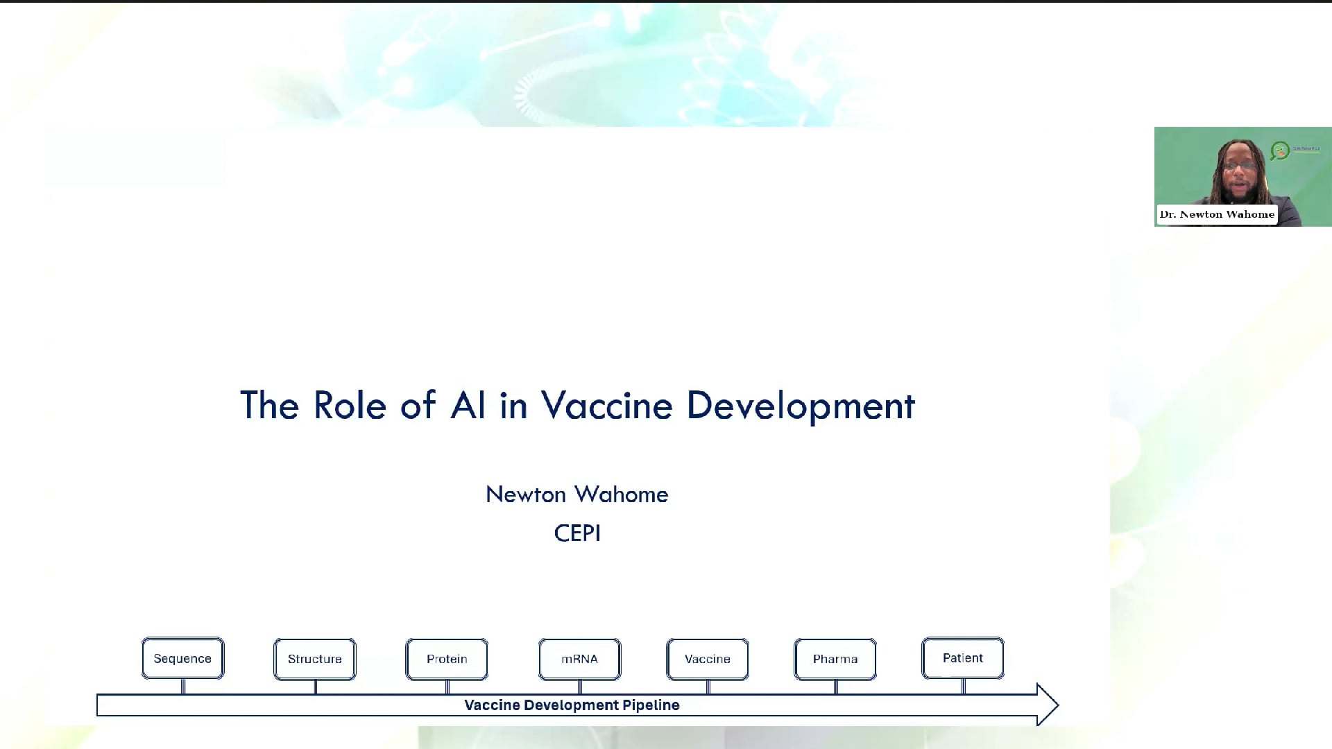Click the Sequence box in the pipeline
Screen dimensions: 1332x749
183,658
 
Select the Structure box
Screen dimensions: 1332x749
315,659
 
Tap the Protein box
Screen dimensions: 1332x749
447,659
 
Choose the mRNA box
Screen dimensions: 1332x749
580,659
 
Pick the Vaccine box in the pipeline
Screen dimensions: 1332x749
708,659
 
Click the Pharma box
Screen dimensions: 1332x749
835,659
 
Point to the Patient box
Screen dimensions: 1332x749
963,658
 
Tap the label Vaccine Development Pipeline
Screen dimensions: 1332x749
572,705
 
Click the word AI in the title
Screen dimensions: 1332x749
468,405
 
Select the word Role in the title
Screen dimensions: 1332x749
349,405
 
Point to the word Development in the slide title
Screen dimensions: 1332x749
801,406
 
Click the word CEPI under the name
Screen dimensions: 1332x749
577,533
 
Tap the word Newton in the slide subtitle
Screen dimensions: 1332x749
526,494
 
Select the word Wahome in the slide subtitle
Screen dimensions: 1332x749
622,494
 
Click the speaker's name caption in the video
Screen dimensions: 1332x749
1217,214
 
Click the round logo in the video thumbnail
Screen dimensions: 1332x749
1280,150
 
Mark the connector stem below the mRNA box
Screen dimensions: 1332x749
580,687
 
